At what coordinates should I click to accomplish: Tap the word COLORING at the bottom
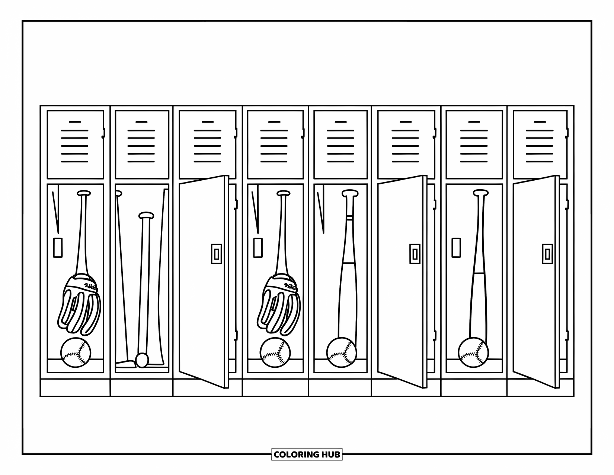tap(297, 455)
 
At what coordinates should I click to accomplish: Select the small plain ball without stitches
tap(142, 360)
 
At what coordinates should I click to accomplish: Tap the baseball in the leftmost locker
tap(76, 352)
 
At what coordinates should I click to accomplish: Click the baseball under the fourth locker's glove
tap(275, 352)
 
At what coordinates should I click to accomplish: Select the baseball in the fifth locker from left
tap(342, 352)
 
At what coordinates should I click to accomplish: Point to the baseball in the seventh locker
tap(473, 352)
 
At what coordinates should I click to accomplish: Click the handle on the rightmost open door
tap(547, 254)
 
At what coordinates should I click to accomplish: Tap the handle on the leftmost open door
tap(217, 254)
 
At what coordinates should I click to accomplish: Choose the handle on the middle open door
tap(415, 254)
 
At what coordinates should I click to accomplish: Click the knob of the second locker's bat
tap(146, 215)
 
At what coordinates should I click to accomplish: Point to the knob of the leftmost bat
tap(84, 193)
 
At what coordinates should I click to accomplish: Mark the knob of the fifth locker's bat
tap(350, 193)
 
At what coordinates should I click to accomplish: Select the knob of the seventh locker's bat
tap(481, 193)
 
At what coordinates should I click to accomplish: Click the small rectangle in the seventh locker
tap(456, 248)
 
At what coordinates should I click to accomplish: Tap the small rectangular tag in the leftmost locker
tap(58, 248)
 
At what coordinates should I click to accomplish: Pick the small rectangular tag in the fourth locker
tap(258, 248)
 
